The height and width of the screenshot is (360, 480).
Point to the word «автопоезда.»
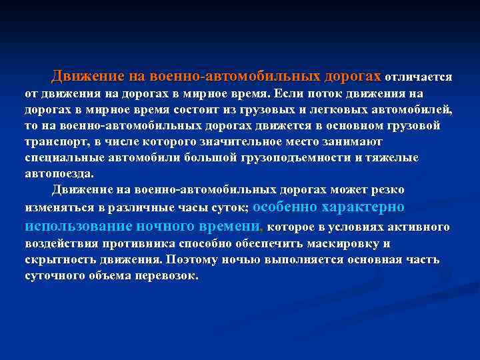click(59, 173)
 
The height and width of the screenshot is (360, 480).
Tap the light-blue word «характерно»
click(364, 207)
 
